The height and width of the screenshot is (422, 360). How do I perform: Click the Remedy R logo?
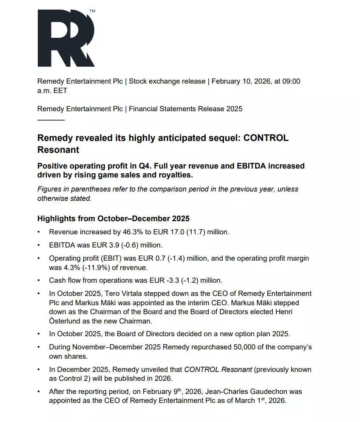click(65, 38)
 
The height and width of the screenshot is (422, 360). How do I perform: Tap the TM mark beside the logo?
click(92, 11)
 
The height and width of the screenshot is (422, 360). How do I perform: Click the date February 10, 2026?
click(241, 81)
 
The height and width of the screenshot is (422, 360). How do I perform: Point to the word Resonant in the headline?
click(58, 149)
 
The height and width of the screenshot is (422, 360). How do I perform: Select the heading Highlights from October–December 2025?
click(113, 219)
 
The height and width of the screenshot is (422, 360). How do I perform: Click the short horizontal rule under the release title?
click(51, 120)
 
